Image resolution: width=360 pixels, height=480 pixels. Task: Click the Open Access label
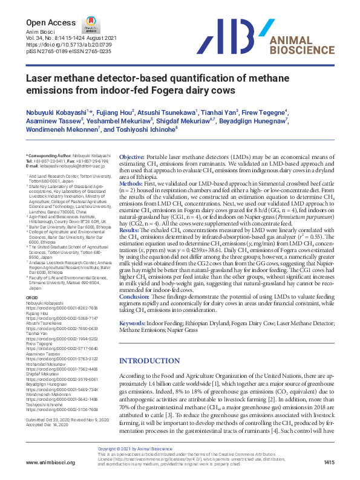tap(42, 22)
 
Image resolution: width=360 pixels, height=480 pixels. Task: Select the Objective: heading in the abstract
tap(131, 157)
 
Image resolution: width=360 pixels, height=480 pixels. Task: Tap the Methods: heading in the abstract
tap(130, 183)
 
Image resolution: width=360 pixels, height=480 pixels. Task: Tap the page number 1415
tap(329, 462)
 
